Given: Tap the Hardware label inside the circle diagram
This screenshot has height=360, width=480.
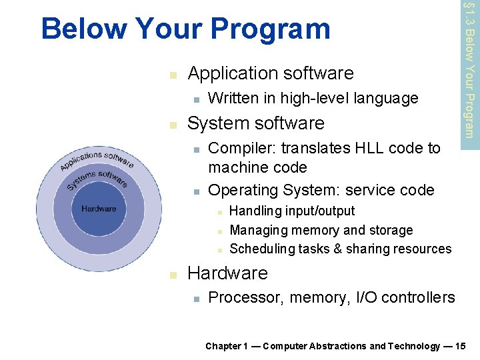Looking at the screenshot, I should click(x=99, y=209).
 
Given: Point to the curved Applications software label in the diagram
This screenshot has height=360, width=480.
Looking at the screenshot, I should click(x=97, y=161).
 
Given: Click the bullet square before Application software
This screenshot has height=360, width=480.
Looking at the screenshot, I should click(x=173, y=74).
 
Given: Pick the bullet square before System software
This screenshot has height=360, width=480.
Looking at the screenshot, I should click(x=173, y=125).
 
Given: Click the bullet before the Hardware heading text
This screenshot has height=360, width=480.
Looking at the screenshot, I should click(x=173, y=275).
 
